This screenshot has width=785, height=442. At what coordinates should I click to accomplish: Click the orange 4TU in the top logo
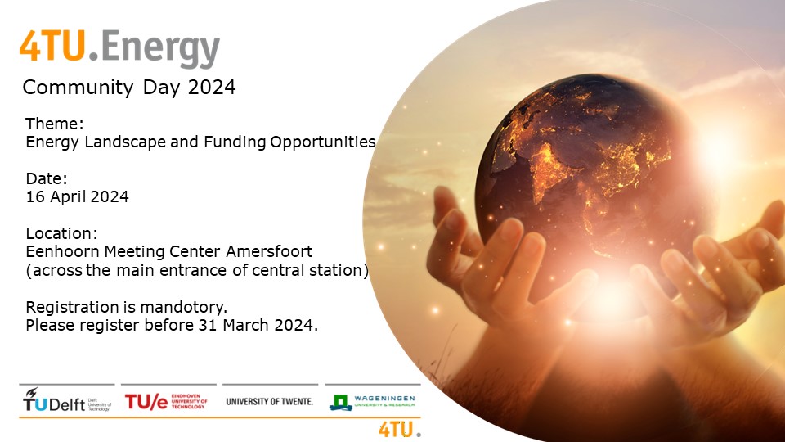coord(52,46)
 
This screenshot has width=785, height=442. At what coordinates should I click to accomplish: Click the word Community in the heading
coord(78,88)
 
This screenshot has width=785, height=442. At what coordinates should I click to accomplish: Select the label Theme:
coord(55,124)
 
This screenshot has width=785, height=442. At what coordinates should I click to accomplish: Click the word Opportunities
coord(323,142)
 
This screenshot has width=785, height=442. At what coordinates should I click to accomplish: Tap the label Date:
coord(47,178)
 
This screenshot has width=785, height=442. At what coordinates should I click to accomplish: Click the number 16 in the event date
coord(35,196)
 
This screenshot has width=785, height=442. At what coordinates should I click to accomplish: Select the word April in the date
coord(69,197)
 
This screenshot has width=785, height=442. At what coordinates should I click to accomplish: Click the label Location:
coord(61,233)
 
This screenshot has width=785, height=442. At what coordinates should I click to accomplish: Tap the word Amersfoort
coord(269,251)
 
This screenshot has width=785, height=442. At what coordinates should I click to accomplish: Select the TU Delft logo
coord(67,400)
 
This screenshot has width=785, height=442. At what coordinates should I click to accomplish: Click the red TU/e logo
coord(166,401)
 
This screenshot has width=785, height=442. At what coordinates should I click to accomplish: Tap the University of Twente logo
coord(269,401)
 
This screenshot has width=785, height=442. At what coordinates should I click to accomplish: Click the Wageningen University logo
coord(372,402)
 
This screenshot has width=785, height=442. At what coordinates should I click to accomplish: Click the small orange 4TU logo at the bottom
coord(400,430)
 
